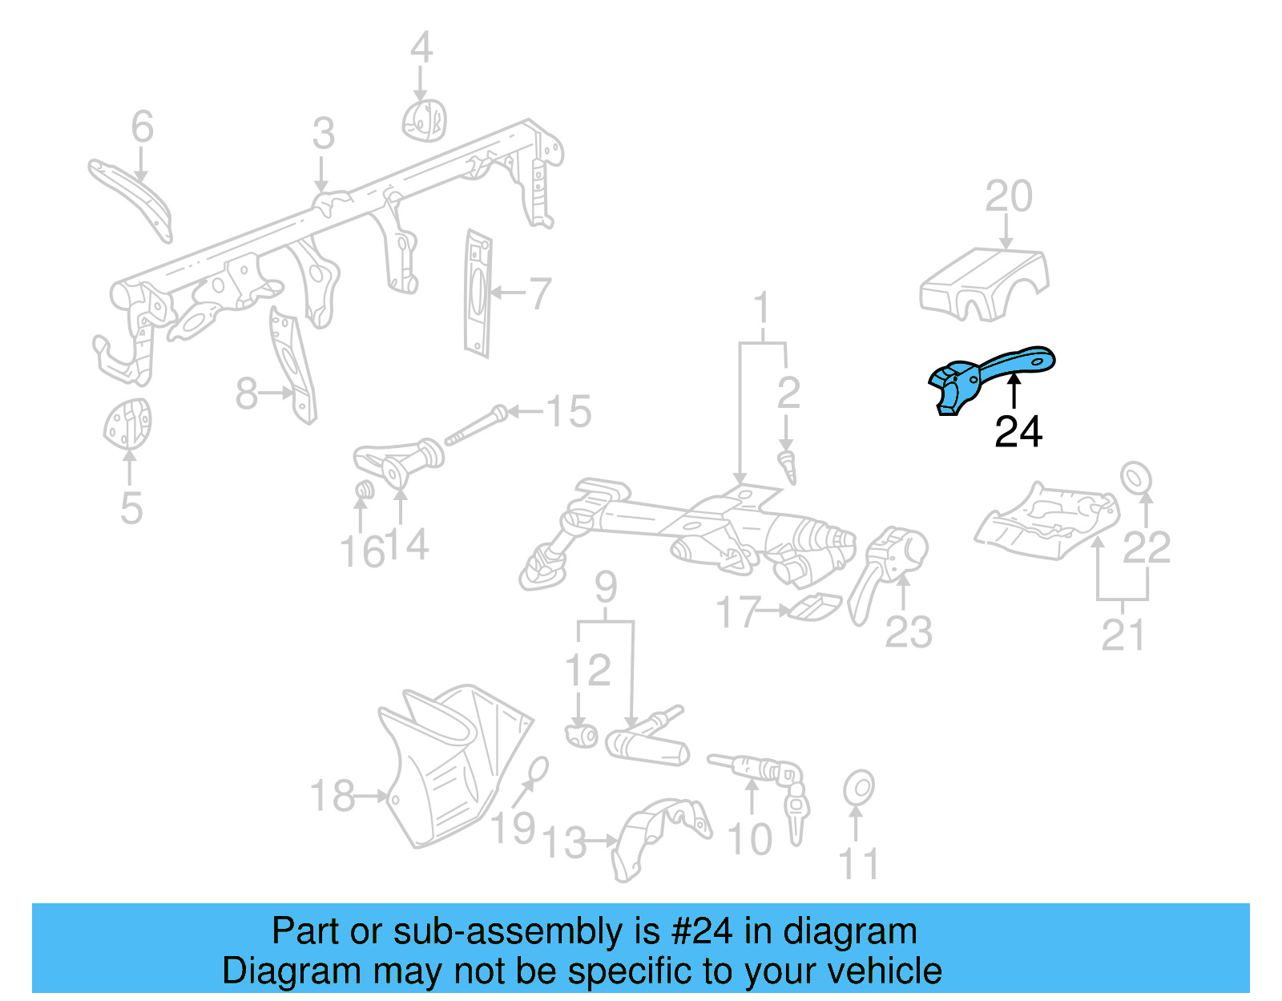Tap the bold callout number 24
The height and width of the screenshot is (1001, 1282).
coord(1018,432)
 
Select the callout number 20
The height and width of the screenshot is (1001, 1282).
coord(1008,196)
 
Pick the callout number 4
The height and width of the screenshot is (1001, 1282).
coord(421,48)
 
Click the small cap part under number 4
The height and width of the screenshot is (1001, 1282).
coord(423,120)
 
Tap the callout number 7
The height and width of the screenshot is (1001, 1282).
coord(540,293)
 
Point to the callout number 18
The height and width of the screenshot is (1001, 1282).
coord(332,796)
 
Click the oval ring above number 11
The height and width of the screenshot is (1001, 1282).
coord(858,789)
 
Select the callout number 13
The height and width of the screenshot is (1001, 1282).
coord(565,842)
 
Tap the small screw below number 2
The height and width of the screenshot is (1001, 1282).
coord(788,466)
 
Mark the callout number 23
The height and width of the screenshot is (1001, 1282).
coord(909,633)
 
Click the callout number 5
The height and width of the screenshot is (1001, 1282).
coord(131,508)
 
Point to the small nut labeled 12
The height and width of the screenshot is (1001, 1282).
coord(581,733)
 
